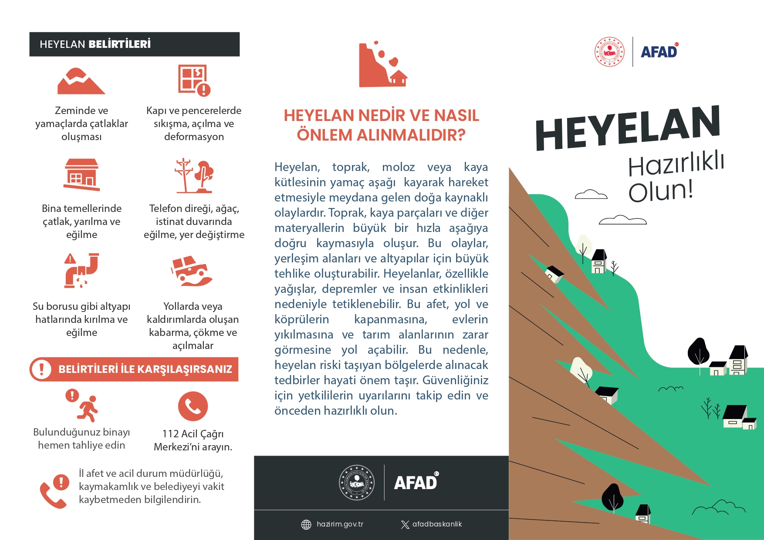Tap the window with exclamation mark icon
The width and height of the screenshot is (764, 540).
click(194, 80)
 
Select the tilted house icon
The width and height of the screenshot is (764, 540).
click(82, 174)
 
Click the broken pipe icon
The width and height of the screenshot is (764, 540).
click(81, 270)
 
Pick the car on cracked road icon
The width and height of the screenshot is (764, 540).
click(192, 271)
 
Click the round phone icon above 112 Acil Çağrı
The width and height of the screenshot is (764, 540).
click(193, 406)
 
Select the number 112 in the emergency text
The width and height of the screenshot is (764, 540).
click(170, 434)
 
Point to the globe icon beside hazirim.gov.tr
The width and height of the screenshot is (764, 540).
click(306, 524)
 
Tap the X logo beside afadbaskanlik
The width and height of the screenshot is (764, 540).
click(405, 524)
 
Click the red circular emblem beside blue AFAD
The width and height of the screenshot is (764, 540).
click(610, 52)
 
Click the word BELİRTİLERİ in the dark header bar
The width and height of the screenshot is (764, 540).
click(120, 44)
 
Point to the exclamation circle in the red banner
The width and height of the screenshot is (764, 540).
click(42, 369)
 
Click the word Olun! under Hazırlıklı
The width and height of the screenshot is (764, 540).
click(660, 191)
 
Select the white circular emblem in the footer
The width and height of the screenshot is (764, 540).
click(357, 482)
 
